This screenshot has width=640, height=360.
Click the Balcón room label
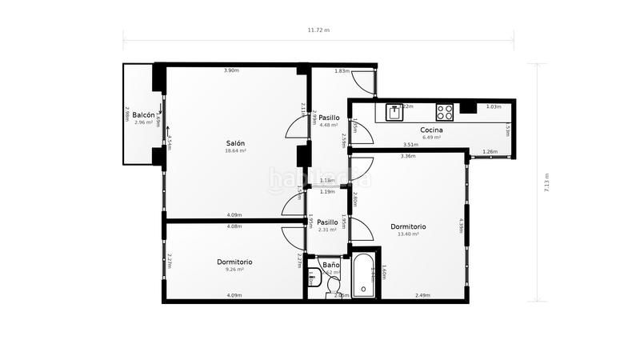pos(144,114)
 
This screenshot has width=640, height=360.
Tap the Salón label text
pos(235,142)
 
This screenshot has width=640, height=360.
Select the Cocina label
pos(432,130)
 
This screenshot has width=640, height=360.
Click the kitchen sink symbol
pos(394,111)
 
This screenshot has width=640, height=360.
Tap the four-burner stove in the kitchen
pos(445,111)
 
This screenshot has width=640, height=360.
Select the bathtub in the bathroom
pos(365,276)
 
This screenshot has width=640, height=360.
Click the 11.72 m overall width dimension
pos(318,30)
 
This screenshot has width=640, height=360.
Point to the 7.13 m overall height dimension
pos(546,183)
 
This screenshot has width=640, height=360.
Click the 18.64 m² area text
pos(235,150)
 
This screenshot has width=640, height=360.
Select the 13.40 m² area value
pos(408,234)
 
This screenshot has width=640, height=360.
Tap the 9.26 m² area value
pos(234,270)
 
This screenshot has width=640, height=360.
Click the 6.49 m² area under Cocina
pos(432,137)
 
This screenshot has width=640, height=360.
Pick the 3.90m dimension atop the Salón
pos(231,71)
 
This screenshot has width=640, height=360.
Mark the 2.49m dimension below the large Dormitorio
pos(422,296)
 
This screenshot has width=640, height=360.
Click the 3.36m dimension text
pos(407,156)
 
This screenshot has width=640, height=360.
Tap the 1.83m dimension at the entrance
pos(342,71)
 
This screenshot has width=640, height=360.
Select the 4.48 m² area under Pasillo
pos(329,125)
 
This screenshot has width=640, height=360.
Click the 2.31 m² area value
pos(327,230)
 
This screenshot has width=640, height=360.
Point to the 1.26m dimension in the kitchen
pos(490,151)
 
